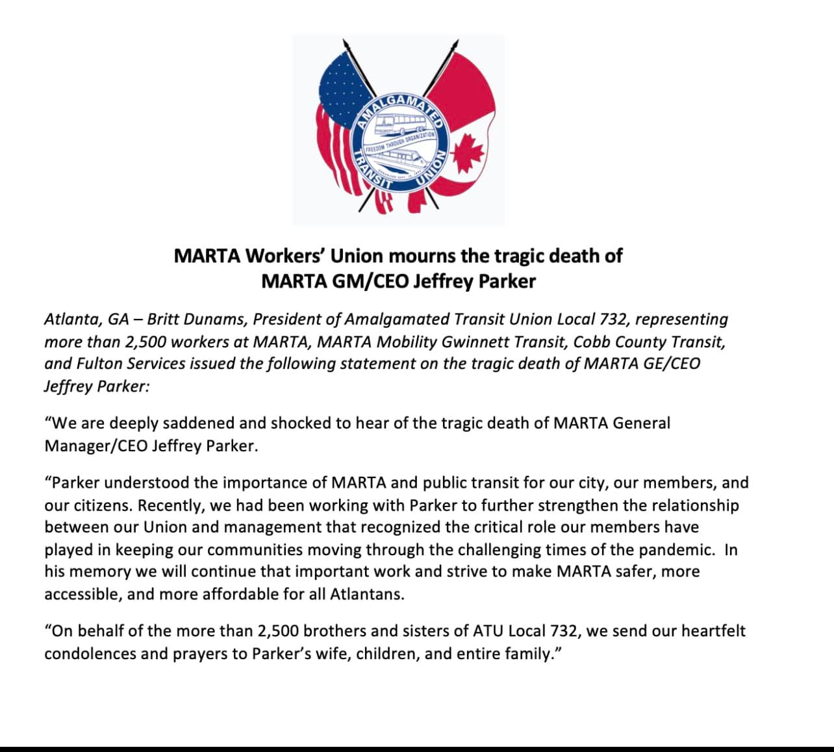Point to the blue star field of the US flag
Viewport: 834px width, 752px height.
coord(340,81)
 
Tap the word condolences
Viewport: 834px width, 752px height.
coord(91,653)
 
